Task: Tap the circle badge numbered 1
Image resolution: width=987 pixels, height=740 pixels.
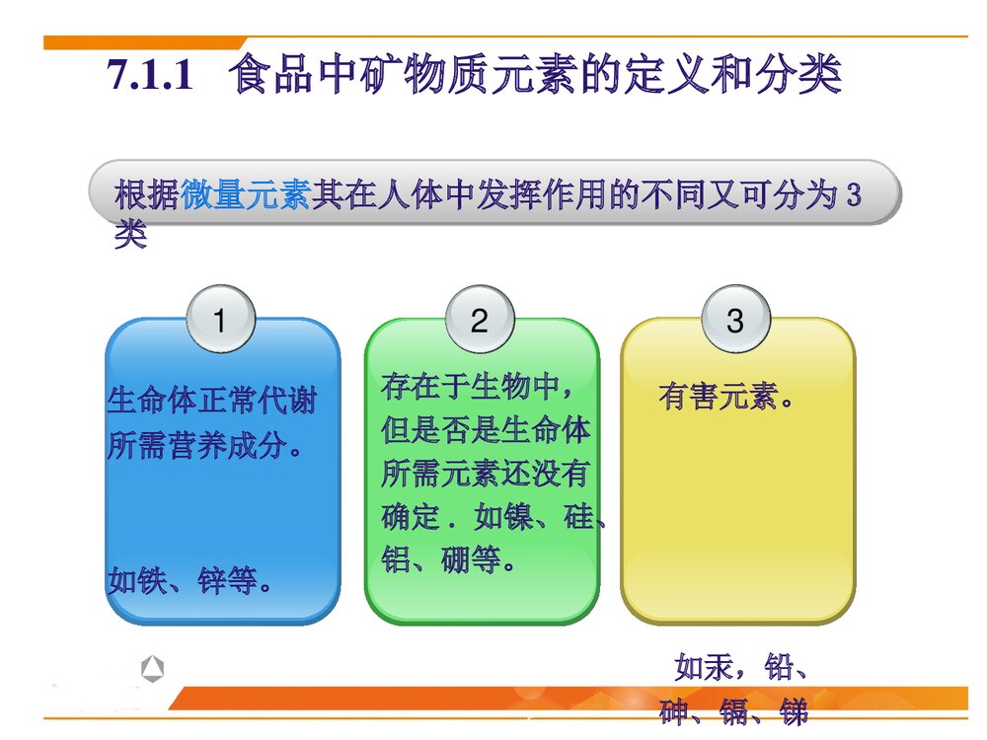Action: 220,321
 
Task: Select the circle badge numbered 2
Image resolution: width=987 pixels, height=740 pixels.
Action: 480,321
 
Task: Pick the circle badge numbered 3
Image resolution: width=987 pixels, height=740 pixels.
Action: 734,321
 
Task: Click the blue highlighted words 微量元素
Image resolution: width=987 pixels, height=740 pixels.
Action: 246,195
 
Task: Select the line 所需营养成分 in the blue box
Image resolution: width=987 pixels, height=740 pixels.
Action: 204,446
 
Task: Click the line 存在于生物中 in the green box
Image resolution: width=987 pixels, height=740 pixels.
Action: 477,386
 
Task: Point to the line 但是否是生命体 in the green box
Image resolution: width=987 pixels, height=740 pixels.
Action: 486,430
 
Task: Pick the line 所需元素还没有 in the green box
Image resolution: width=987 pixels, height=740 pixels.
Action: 486,474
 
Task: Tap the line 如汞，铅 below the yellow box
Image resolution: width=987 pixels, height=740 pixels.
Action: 743,668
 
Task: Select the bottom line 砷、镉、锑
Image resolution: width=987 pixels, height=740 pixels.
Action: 734,712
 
